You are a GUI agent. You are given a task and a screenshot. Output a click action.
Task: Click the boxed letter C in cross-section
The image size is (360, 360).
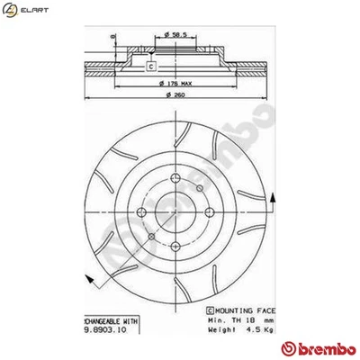[x=150, y=66]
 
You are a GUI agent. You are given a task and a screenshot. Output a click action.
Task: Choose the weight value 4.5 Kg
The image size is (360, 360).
[x=248, y=330]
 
